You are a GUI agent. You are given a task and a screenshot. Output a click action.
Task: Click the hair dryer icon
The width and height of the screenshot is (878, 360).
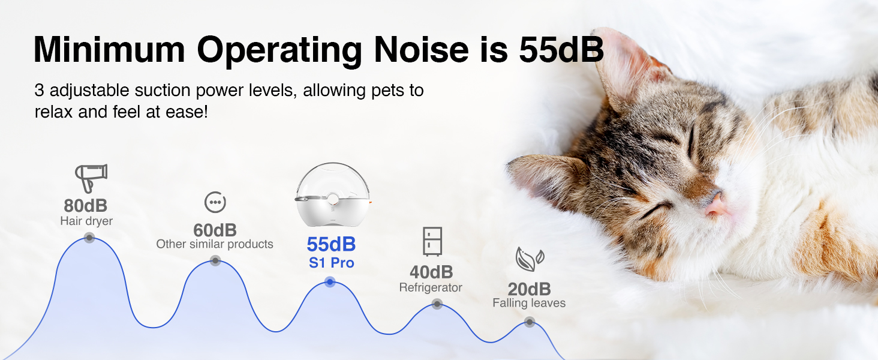pyautogui.click(x=91, y=178)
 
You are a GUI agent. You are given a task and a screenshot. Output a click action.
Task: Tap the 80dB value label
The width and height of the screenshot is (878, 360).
pyautogui.click(x=85, y=205)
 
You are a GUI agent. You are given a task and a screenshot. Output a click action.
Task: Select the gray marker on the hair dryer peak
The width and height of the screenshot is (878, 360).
pyautogui.click(x=89, y=238)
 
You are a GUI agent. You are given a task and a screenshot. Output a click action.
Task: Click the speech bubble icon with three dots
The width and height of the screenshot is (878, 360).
pyautogui.click(x=215, y=202)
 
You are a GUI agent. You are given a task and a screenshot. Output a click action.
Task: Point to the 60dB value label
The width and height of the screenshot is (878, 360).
pyautogui.click(x=215, y=230)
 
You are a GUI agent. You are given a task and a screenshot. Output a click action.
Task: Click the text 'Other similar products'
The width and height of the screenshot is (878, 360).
pyautogui.click(x=215, y=244)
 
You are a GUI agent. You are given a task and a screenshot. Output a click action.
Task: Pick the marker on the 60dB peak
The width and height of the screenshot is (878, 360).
pyautogui.click(x=215, y=260)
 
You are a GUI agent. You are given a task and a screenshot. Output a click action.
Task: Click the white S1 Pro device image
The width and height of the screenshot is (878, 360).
pyautogui.click(x=333, y=194)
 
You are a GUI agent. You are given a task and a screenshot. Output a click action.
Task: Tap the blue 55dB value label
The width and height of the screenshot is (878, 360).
pyautogui.click(x=331, y=244)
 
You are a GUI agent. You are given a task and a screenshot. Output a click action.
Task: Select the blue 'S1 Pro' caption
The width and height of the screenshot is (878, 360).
pyautogui.click(x=331, y=263)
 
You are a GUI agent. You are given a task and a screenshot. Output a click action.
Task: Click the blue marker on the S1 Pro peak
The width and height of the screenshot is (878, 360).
pyautogui.click(x=330, y=282)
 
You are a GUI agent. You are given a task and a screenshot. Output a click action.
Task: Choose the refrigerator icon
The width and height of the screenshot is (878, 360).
pyautogui.click(x=432, y=242)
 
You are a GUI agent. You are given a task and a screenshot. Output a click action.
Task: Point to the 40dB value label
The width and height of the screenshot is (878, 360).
pyautogui.click(x=431, y=272)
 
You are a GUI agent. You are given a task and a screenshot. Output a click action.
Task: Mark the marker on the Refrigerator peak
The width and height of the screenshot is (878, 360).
pyautogui.click(x=437, y=304)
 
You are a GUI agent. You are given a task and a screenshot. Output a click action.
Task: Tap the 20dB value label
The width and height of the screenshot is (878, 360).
pyautogui.click(x=529, y=289)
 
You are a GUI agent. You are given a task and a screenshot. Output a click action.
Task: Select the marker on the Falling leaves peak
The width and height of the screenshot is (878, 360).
pyautogui.click(x=530, y=322)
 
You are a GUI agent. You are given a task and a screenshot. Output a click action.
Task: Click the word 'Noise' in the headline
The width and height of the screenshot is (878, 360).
pyautogui.click(x=422, y=50)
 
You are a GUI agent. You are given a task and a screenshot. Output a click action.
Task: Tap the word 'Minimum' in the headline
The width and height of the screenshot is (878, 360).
pyautogui.click(x=109, y=50)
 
